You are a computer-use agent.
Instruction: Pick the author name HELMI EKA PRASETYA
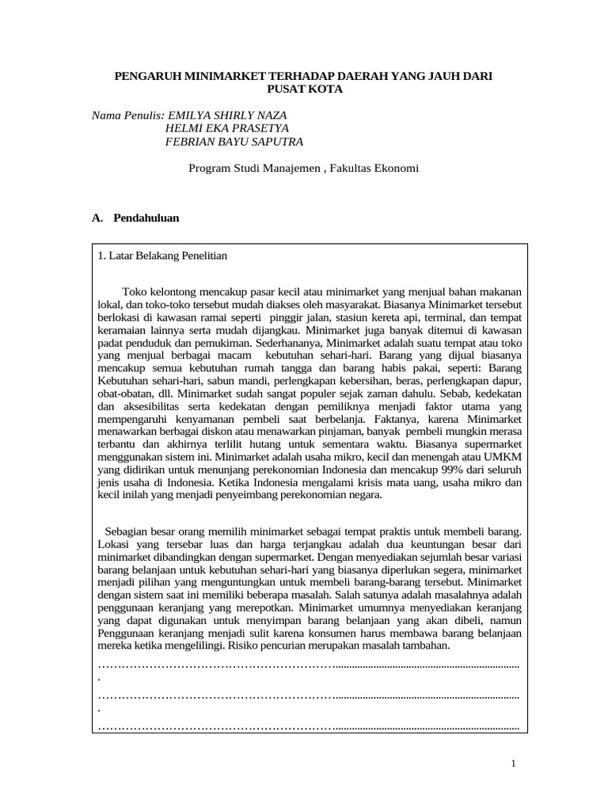(226, 128)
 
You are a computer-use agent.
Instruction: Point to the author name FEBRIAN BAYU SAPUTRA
(234, 142)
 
